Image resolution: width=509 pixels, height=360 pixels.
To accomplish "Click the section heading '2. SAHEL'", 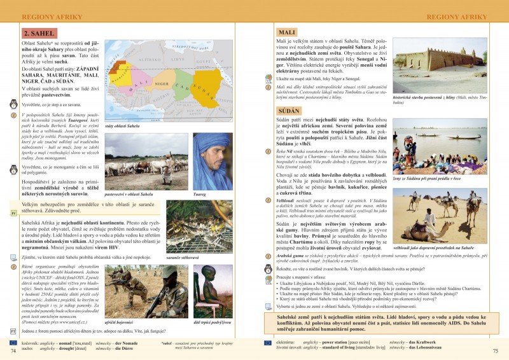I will [39, 34].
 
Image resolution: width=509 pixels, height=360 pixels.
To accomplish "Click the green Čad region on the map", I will [181, 86].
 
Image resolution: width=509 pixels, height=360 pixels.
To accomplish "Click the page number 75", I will [496, 350].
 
